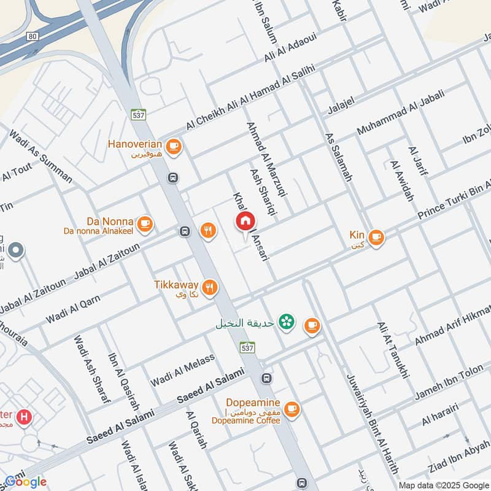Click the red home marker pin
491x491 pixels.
coord(245,222)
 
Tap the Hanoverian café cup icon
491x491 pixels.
coord(174,145)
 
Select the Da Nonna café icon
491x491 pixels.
coord(144,223)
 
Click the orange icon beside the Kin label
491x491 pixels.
coord(376,236)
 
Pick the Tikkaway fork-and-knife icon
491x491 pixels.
coord(210,287)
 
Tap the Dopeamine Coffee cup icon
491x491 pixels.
coord(291,407)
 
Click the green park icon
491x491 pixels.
coord(285,321)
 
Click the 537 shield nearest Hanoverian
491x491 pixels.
coord(137,114)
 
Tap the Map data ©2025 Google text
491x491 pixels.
coord(443,485)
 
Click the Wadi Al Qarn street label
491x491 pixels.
coord(73,310)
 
